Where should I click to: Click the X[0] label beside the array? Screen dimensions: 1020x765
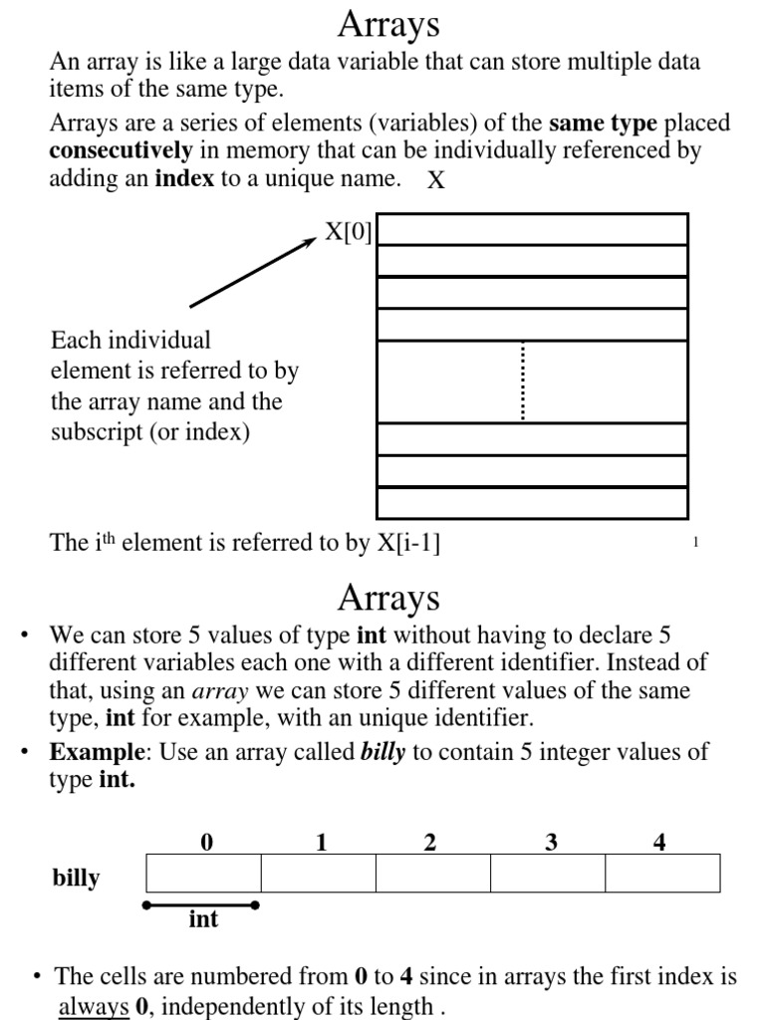click(348, 232)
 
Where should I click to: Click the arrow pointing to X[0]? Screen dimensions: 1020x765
click(253, 272)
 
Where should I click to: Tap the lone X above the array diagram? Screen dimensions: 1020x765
click(435, 181)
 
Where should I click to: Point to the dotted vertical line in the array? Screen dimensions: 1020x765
click(523, 381)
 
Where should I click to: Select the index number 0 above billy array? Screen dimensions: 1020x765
click(206, 843)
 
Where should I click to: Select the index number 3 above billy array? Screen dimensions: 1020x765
click(551, 843)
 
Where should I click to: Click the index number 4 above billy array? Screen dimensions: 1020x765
click(659, 843)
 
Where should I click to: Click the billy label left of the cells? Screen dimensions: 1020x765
click(76, 878)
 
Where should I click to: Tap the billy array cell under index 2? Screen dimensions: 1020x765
click(432, 873)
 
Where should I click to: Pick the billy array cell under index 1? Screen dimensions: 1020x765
click(318, 873)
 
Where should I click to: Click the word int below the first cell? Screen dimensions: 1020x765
click(203, 918)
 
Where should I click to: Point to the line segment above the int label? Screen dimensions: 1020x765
click(201, 904)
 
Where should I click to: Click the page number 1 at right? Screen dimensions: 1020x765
click(694, 543)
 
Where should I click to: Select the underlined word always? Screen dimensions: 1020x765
click(94, 1006)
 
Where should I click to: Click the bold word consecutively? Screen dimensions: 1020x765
click(121, 151)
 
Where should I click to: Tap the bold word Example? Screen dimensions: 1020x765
click(97, 751)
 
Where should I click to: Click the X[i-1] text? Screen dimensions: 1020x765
click(408, 543)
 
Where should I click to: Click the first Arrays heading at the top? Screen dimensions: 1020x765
click(388, 24)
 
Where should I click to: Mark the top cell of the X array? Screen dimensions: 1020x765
click(532, 229)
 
